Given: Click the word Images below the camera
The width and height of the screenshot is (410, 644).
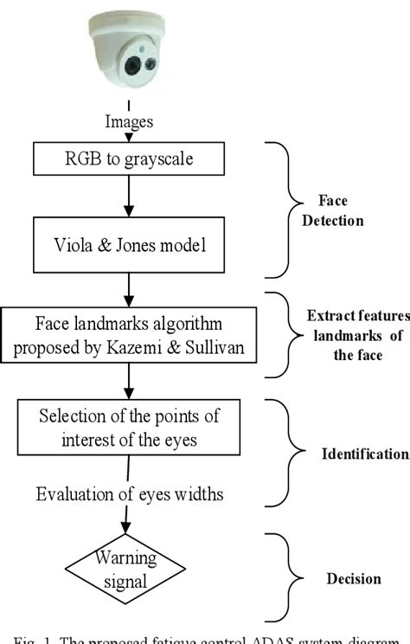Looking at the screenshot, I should (x=130, y=122).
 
